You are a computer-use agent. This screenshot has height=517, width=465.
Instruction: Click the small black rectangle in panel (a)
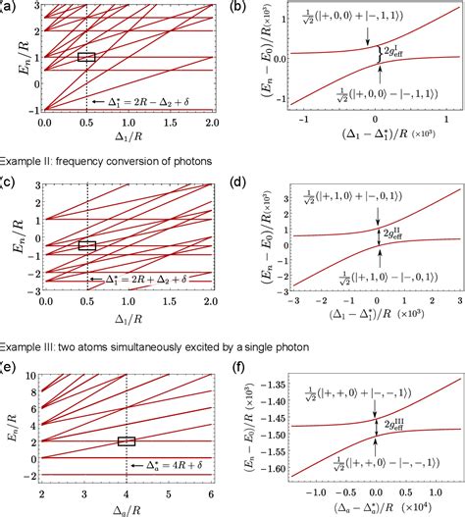click(86, 58)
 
